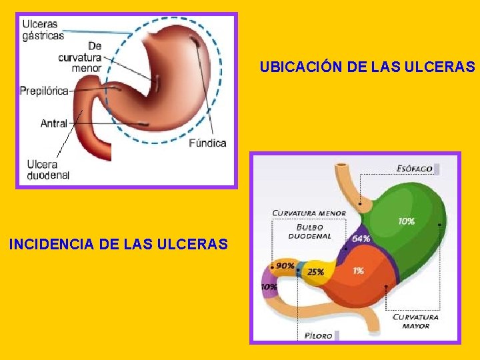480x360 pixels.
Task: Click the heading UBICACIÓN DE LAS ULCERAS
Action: click(367, 67)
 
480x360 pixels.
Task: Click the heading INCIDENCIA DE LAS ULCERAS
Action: click(118, 245)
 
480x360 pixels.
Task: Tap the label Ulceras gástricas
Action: click(43, 29)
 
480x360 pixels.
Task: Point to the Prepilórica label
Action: click(44, 91)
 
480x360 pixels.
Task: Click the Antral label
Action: click(53, 123)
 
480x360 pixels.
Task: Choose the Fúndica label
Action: click(207, 143)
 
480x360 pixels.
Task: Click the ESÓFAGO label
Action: click(415, 169)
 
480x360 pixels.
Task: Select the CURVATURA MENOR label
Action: click(309, 213)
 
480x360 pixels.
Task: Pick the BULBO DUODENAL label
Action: click(309, 231)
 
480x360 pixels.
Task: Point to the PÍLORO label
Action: click(318, 335)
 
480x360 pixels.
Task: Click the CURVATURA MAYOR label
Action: click(415, 321)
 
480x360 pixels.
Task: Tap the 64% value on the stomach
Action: click(361, 239)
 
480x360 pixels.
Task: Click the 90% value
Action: click(285, 265)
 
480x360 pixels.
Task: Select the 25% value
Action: click(315, 272)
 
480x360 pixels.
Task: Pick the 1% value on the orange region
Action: click(358, 271)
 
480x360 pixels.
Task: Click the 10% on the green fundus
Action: click(407, 221)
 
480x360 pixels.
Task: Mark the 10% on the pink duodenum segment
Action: click(269, 287)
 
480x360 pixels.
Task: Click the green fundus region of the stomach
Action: click(407, 200)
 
